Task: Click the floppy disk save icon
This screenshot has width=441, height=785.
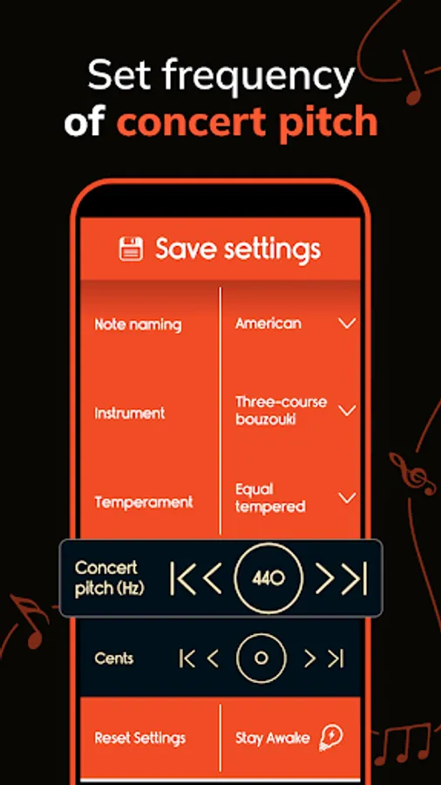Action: (x=131, y=249)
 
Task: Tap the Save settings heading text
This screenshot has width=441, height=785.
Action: (x=238, y=249)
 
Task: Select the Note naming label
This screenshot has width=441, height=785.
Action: (x=138, y=324)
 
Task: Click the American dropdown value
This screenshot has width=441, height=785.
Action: (x=268, y=324)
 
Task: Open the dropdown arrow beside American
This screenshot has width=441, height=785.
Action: (x=347, y=324)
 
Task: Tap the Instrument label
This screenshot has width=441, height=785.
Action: (x=130, y=413)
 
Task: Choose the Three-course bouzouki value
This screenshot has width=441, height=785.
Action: (x=281, y=410)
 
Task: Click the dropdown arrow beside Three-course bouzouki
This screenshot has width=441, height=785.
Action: (x=347, y=410)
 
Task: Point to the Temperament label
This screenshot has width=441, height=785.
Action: (x=144, y=502)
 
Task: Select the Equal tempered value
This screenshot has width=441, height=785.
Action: (x=270, y=497)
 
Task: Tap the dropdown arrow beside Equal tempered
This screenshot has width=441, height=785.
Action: (x=347, y=498)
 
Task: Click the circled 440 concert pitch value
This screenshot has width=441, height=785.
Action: (x=268, y=578)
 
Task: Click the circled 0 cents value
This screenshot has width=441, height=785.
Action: (x=260, y=659)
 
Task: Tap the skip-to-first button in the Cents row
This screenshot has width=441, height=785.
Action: (x=187, y=659)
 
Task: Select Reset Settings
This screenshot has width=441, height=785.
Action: (x=140, y=738)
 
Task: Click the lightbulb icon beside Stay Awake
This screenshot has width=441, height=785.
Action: (x=331, y=738)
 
